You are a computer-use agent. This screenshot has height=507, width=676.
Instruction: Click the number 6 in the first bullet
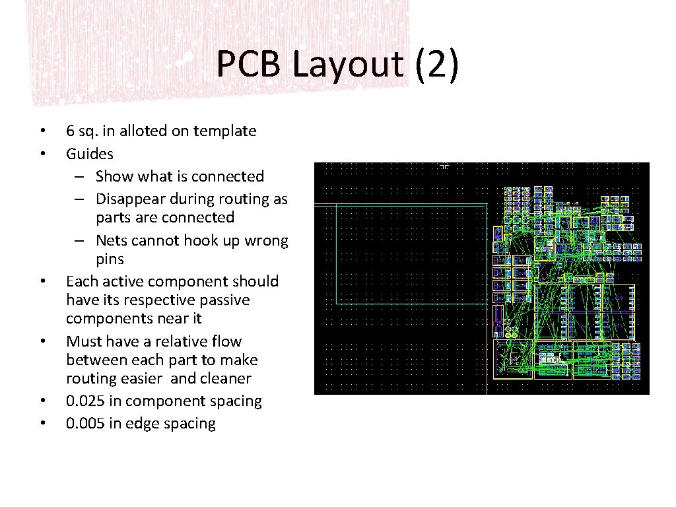point(70,131)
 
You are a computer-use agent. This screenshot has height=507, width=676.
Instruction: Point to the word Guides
point(90,154)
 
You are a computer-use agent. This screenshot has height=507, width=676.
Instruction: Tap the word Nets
point(112,240)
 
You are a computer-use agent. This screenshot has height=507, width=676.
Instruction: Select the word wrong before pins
point(266,240)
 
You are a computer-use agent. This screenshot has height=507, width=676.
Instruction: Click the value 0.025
point(86,401)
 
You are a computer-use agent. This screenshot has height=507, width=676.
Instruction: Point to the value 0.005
point(86,424)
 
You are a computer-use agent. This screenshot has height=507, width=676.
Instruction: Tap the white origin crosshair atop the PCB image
point(444,166)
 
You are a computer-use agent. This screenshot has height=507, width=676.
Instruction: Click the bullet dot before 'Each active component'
point(42,282)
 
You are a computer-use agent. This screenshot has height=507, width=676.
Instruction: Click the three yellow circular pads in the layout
point(511,328)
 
